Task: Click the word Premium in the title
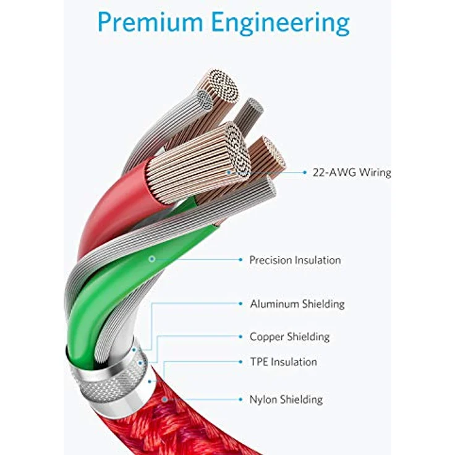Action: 150,22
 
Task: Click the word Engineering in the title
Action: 280,23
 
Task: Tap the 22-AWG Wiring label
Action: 352,172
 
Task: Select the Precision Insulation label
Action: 295,260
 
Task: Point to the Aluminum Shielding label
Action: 297,304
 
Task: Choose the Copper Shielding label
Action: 289,337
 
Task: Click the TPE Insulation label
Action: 284,362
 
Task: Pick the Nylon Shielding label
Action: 286,399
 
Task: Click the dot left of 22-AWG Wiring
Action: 304,172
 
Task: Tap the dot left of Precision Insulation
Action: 240,260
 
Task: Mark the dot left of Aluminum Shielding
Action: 240,304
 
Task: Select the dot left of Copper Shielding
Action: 240,336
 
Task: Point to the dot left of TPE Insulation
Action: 240,362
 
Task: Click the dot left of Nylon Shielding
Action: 240,399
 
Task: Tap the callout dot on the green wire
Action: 151,259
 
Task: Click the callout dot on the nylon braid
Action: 165,399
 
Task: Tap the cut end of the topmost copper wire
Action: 223,86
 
